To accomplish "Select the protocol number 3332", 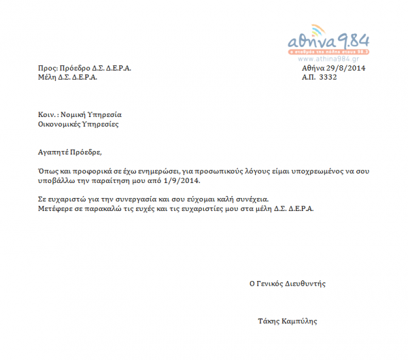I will point(328,78).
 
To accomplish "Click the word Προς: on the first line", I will point(47,69).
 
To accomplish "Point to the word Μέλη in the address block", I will point(47,78).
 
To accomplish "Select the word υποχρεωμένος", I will point(292,171).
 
